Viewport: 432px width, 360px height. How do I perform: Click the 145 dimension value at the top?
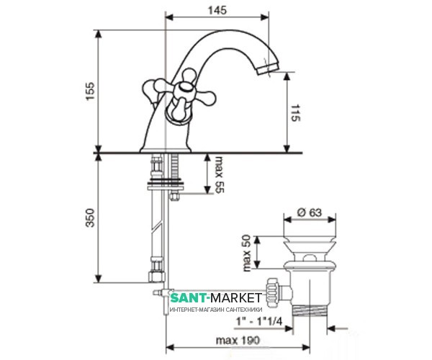[x=217, y=10]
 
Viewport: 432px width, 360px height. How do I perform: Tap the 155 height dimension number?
[x=90, y=91]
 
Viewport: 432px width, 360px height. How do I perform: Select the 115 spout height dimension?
[x=296, y=112]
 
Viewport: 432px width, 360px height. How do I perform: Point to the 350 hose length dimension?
[x=90, y=217]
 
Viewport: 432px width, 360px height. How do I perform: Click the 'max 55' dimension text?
[x=220, y=174]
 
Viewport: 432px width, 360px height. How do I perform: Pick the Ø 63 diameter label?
[x=310, y=212]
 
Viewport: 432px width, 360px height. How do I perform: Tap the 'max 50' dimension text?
[x=246, y=253]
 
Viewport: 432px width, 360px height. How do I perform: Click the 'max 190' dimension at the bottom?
[x=238, y=341]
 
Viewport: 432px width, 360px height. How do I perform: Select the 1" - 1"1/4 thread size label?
[x=259, y=321]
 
